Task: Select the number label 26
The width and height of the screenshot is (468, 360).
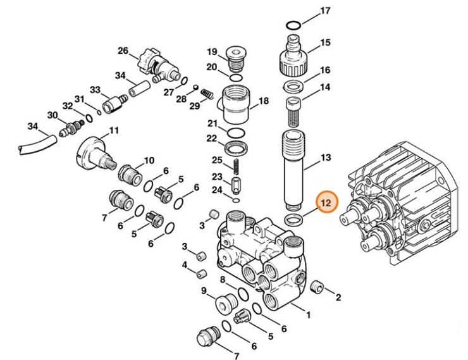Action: coord(123,51)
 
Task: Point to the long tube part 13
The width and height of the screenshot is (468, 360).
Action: coord(295,171)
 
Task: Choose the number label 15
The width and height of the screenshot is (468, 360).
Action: coord(326,43)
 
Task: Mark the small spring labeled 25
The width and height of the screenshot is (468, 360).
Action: coord(235,167)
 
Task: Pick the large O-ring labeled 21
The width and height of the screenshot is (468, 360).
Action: coord(235,132)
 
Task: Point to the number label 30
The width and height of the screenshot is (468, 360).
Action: coord(53,115)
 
